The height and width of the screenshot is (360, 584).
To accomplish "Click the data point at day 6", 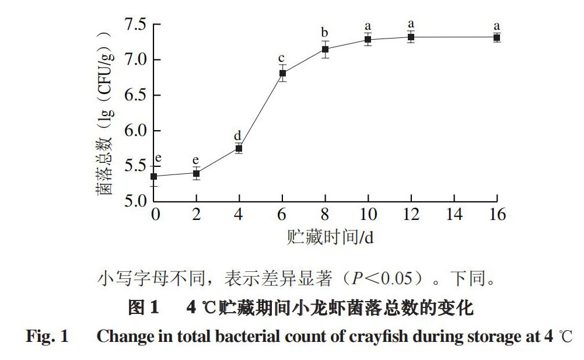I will pyautogui.click(x=282, y=73).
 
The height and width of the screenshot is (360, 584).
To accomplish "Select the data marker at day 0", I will pyautogui.click(x=154, y=176).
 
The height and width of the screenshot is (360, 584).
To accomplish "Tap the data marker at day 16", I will pyautogui.click(x=496, y=37).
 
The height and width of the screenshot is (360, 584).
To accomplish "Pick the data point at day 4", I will pyautogui.click(x=239, y=148).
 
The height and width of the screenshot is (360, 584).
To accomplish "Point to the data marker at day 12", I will pyautogui.click(x=411, y=37).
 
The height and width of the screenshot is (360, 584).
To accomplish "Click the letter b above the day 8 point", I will pyautogui.click(x=325, y=32).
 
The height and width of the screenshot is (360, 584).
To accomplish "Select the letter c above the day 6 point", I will pyautogui.click(x=282, y=58).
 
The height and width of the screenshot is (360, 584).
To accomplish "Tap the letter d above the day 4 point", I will pyautogui.click(x=238, y=135).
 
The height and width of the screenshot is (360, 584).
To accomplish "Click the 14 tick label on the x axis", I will pyautogui.click(x=454, y=215).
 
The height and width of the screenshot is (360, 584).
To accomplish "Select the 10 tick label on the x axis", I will pyautogui.click(x=368, y=215).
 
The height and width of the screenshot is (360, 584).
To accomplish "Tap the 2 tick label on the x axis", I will pyautogui.click(x=197, y=215).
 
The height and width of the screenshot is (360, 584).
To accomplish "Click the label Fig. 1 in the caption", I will pyautogui.click(x=47, y=337).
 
